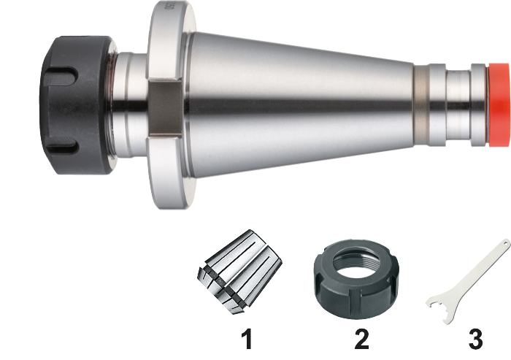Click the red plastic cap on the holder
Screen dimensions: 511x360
(x=498, y=104)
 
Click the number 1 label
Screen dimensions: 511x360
(x=247, y=339)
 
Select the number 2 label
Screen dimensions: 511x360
(x=361, y=339)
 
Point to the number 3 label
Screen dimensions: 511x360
(x=475, y=339)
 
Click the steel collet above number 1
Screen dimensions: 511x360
(x=239, y=272)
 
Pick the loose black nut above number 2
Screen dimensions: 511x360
(x=356, y=279)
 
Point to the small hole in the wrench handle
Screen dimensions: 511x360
(x=505, y=243)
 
